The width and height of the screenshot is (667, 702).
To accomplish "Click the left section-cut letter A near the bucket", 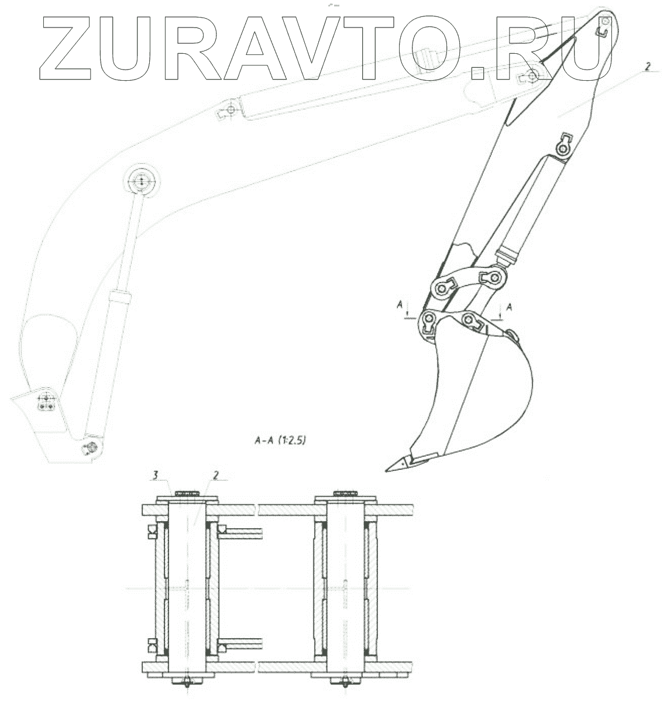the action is point(399,304).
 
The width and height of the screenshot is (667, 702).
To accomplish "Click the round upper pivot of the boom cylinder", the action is point(141,182).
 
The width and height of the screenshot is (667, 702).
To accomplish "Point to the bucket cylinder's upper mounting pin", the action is point(563,150).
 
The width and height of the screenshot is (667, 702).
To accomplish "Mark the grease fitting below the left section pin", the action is point(187,682).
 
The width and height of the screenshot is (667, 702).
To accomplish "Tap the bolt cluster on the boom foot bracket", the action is point(46,402).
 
